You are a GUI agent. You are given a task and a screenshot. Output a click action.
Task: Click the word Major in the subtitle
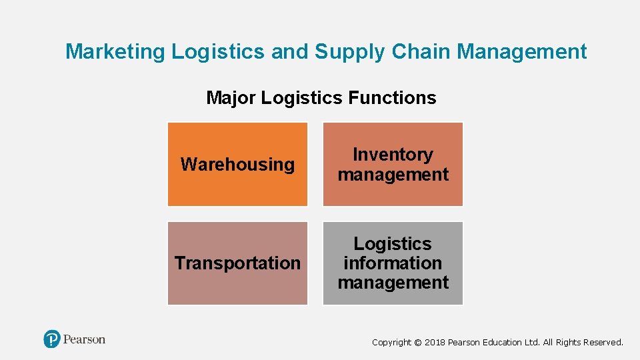pyautogui.click(x=231, y=98)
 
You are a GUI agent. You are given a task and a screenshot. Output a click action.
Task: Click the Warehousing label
pyautogui.click(x=237, y=164)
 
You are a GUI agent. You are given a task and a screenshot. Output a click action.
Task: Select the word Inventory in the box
pyautogui.click(x=393, y=155)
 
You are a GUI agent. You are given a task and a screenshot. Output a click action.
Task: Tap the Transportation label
pyautogui.click(x=237, y=263)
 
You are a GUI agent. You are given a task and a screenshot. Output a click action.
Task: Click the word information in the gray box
pyautogui.click(x=393, y=263)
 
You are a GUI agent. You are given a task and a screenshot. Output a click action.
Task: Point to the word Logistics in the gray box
pyautogui.click(x=393, y=244)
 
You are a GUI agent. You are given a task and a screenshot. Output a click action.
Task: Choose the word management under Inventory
pyautogui.click(x=393, y=175)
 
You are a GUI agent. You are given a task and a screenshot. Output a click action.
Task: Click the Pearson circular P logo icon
pyautogui.click(x=52, y=339)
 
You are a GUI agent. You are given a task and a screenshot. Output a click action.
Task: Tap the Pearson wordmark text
pyautogui.click(x=85, y=339)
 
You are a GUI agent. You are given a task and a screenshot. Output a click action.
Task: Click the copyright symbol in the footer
pyautogui.click(x=418, y=343)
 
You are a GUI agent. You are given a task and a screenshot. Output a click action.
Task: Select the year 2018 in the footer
pyautogui.click(x=435, y=343)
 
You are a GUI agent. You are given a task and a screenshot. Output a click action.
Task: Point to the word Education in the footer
pyautogui.click(x=501, y=343)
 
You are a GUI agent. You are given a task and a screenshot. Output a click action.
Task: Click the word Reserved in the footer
pyautogui.click(x=603, y=343)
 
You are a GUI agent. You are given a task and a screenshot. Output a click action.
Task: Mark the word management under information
pyautogui.click(x=393, y=283)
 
